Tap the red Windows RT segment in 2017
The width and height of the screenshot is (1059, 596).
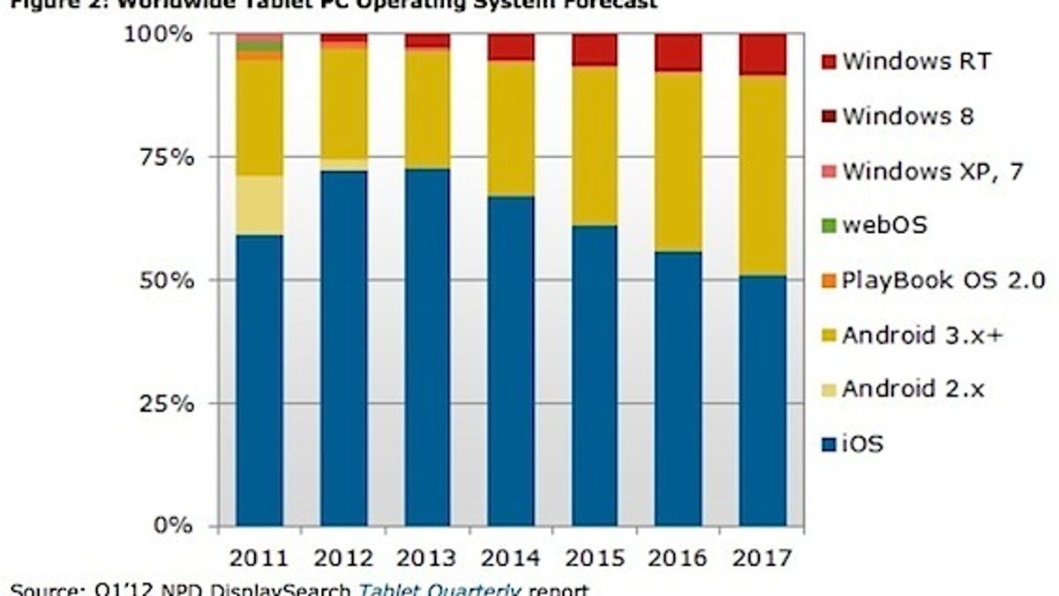click(x=762, y=54)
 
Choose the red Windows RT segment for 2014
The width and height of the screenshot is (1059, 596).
click(x=511, y=47)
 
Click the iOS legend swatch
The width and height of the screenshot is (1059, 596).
click(x=827, y=444)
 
